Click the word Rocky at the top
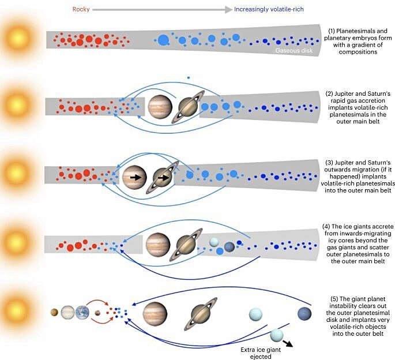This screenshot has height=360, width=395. (x=81, y=9)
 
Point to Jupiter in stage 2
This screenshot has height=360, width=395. (x=160, y=107)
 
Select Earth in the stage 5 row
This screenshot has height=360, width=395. (x=82, y=314)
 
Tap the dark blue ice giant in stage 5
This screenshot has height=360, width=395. (x=304, y=314)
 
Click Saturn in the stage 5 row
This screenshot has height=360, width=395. (x=204, y=314)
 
